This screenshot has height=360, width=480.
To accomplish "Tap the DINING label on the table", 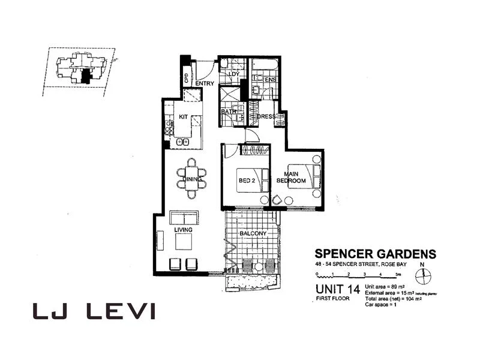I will [191, 178].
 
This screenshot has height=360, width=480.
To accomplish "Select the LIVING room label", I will [182, 229].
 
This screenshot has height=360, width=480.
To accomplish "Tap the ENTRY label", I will [205, 83].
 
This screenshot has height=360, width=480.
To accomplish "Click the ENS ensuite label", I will [270, 79].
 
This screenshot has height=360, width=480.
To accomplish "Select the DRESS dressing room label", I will [266, 116].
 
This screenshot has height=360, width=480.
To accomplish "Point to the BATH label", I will [227, 112].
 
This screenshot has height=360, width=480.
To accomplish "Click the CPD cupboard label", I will [186, 79].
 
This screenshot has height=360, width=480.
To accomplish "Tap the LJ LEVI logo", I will [93, 311].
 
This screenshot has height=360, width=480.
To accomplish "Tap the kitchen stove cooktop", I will [169, 128].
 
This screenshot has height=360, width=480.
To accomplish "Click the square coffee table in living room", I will [183, 241].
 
